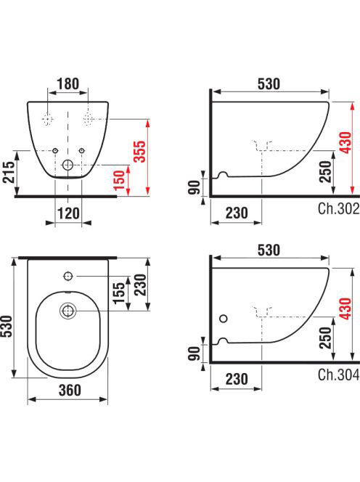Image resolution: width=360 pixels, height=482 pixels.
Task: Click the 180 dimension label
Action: click(x=68, y=83)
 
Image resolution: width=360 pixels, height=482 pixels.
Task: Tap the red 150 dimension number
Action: click(x=119, y=180)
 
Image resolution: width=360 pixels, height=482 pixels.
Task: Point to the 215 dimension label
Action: click(x=9, y=172)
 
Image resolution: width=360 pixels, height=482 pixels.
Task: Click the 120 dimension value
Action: click(x=68, y=213)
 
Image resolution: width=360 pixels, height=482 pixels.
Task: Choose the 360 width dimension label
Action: click(x=70, y=390)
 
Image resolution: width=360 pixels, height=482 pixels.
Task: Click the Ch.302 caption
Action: click(x=338, y=209)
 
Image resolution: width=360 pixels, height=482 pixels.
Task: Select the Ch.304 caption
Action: click(x=338, y=375)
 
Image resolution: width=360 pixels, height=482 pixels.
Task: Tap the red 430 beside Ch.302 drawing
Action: click(x=345, y=142)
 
